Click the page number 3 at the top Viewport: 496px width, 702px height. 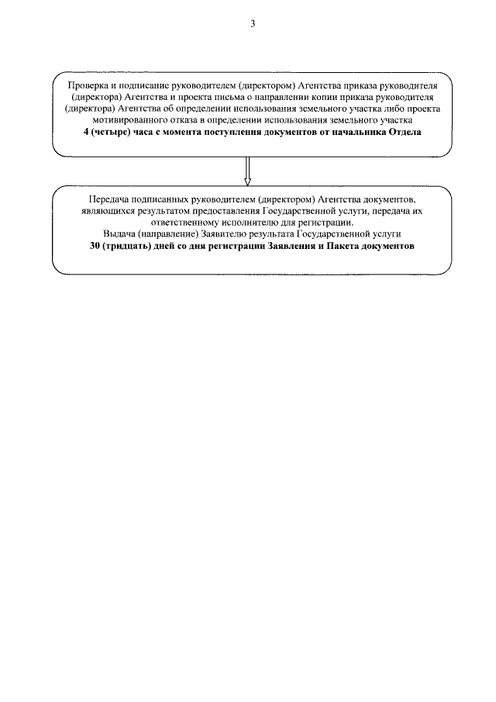point(253,24)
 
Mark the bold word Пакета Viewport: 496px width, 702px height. point(342,246)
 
